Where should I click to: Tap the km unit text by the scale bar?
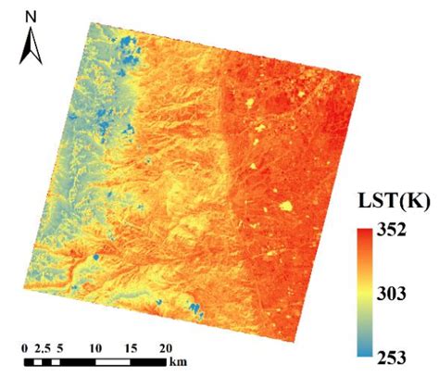coord(179,359)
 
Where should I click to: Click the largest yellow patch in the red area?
coord(286,206)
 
